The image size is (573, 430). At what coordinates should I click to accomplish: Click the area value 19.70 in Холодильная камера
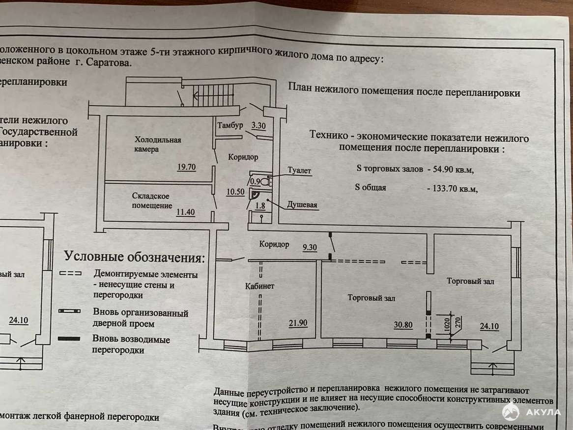[x=187, y=167]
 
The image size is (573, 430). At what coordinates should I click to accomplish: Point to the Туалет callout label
[x=299, y=171]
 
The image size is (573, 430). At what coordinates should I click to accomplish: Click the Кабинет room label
[x=259, y=286]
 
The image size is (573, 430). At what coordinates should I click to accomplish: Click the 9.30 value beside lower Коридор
[x=310, y=248]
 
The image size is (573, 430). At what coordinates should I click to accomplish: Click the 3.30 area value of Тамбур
[x=258, y=126]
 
